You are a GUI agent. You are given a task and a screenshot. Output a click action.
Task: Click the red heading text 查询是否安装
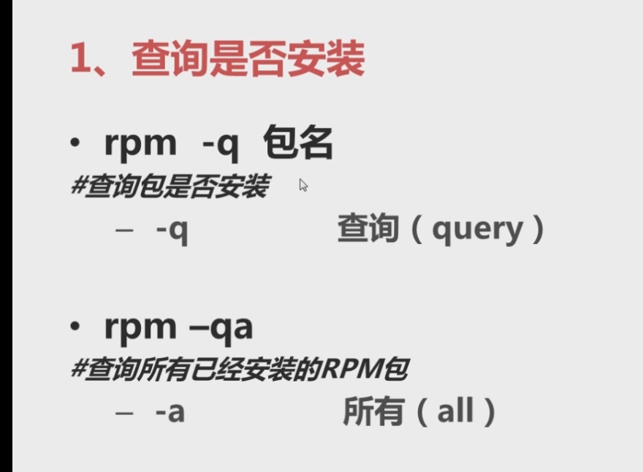(248, 60)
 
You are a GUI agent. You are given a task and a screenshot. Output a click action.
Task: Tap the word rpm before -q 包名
(140, 143)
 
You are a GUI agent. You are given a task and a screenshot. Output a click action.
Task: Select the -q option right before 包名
(220, 143)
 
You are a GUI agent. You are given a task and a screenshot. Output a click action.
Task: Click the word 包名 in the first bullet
(298, 142)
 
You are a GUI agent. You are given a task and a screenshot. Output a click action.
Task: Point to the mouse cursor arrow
(303, 185)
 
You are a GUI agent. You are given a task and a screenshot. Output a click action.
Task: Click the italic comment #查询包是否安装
(169, 187)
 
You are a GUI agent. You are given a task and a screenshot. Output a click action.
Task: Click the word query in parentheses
(478, 230)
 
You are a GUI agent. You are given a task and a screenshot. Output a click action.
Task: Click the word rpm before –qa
(140, 327)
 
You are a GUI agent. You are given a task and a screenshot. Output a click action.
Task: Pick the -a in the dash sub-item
(170, 412)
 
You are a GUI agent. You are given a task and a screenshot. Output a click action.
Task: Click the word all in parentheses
(455, 412)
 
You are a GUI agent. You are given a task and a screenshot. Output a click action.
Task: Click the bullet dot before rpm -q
(75, 143)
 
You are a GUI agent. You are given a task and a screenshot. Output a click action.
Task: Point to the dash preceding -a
(124, 412)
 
